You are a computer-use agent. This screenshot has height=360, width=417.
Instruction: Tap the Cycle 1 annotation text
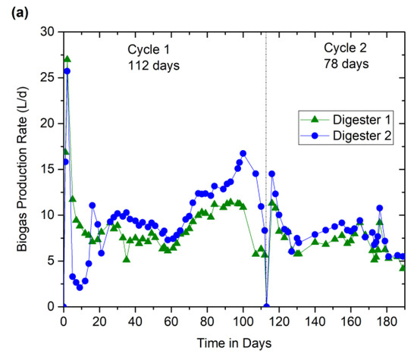(148, 49)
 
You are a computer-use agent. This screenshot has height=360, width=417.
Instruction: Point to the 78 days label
(346, 63)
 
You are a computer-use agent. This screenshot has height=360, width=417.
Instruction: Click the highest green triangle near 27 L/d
(67, 59)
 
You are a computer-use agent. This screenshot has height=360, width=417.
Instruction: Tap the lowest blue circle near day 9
(80, 287)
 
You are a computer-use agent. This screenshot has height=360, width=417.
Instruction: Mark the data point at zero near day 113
(266, 306)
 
